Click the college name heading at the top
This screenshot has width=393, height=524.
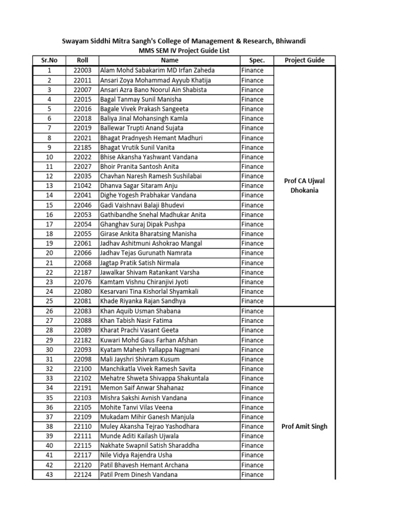coord(184,41)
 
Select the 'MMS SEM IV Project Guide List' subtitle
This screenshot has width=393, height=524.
coord(184,51)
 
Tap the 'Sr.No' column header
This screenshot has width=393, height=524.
coord(49,60)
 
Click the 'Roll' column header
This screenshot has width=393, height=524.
coord(82,60)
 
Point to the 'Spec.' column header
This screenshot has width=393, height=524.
coord(257,60)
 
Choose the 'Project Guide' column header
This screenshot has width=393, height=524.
coord(304,60)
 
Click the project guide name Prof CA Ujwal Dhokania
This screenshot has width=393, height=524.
coord(304,185)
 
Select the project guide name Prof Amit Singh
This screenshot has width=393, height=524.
coord(304,426)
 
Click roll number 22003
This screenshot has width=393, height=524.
coord(82,70)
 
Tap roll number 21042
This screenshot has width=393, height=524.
coord(82,186)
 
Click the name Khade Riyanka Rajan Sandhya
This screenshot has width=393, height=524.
coord(143,301)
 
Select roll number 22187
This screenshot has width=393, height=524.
coord(82,272)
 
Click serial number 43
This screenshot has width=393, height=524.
coord(49,475)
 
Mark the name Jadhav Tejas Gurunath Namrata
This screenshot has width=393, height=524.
coord(146,253)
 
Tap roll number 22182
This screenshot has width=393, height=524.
coord(82,340)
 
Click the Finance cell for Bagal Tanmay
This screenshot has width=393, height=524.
coord(252,99)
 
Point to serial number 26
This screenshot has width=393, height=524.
coord(49,311)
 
